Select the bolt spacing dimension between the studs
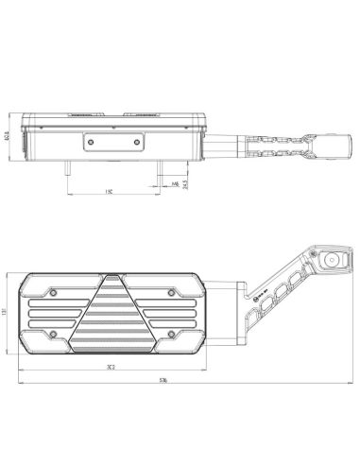[x=110, y=189]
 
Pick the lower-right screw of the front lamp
[x=171, y=336]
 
